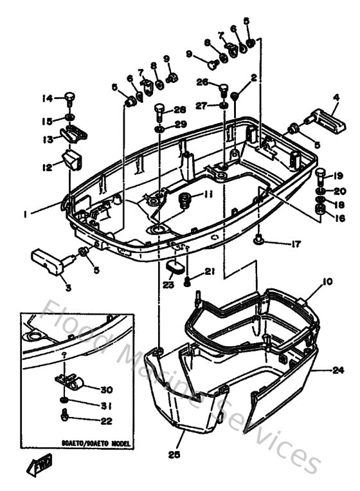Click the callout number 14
[47, 98]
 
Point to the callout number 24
[339, 369]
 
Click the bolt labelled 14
[69, 98]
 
